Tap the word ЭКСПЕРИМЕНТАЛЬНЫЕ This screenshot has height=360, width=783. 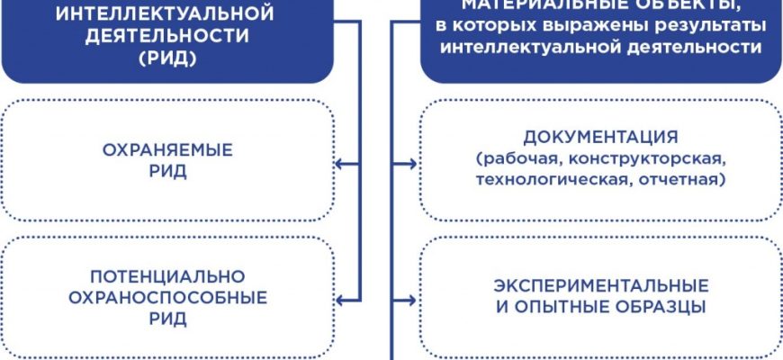[601, 285]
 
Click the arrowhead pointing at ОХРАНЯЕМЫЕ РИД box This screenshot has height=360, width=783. [339, 164]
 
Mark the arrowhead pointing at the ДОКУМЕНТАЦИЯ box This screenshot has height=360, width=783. [412, 164]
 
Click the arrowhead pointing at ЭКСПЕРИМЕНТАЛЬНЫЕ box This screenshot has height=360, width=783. [412, 296]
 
